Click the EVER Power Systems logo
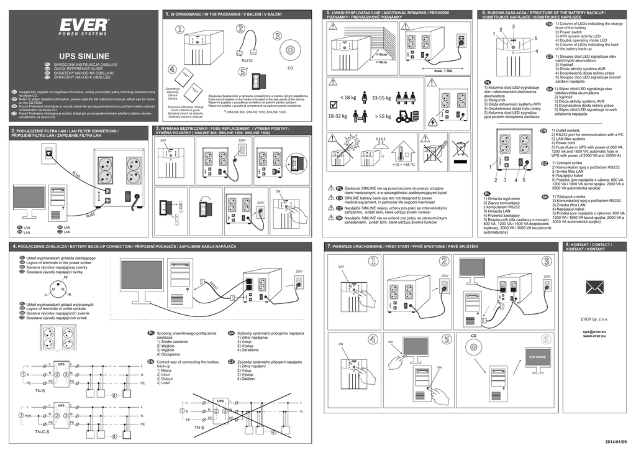[84, 27]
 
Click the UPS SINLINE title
[84, 56]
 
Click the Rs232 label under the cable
[246, 61]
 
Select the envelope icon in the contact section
[595, 287]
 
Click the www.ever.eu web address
[594, 336]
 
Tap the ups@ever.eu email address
[594, 331]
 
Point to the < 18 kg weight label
[348, 98]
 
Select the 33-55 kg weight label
[381, 98]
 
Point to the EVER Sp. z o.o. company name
[594, 320]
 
